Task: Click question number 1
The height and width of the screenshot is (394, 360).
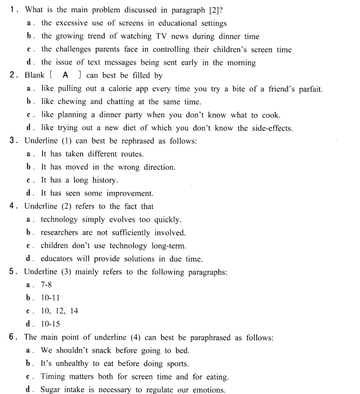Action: pos(13,10)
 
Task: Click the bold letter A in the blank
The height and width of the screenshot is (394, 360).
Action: pos(65,75)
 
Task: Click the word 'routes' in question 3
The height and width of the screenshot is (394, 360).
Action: pos(131,154)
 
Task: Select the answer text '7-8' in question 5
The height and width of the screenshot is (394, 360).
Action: pos(47,285)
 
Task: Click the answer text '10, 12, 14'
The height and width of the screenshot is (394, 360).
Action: pos(59,311)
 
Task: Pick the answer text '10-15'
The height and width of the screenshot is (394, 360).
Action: pos(51,324)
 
